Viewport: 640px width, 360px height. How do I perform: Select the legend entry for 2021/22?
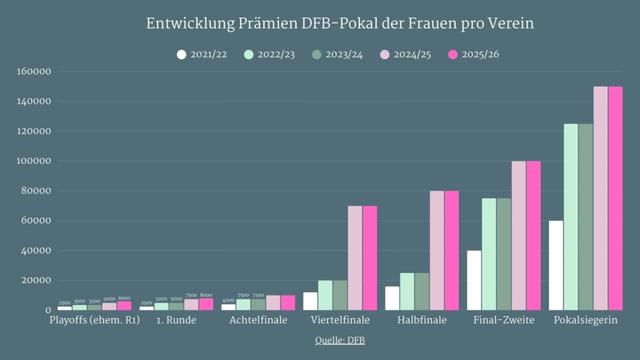(x=206, y=54)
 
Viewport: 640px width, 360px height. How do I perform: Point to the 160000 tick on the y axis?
(x=35, y=72)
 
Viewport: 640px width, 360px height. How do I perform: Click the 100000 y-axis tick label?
(x=35, y=161)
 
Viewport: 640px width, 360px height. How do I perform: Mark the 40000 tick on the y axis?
(x=37, y=251)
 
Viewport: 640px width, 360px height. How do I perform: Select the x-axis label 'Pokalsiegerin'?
(x=582, y=321)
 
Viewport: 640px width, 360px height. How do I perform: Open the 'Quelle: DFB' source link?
(x=319, y=340)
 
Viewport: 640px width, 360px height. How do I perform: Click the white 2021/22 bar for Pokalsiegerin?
(x=557, y=265)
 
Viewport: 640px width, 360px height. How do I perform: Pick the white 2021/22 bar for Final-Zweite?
(x=475, y=280)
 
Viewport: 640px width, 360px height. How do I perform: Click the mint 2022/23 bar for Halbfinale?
(x=407, y=291)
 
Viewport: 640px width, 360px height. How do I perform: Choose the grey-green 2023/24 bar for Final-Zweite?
(x=504, y=254)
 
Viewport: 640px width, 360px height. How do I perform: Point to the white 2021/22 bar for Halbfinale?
(x=393, y=298)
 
